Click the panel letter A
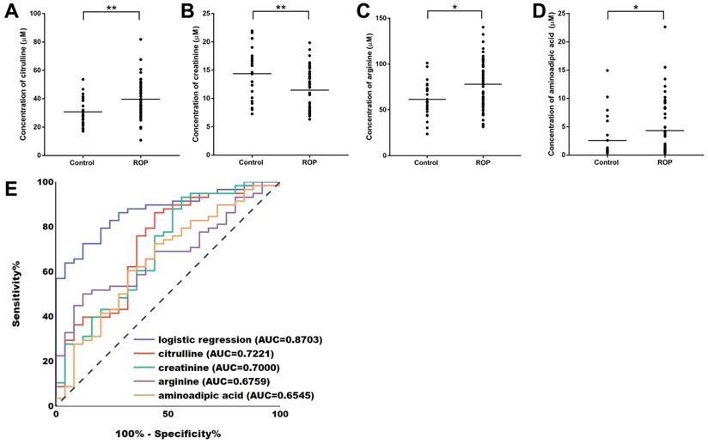click(x=11, y=13)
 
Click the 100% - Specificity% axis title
click(x=168, y=434)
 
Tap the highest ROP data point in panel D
click(x=663, y=27)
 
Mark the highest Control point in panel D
click(x=607, y=70)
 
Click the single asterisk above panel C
click(x=455, y=8)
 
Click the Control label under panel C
click(x=426, y=162)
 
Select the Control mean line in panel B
click(x=252, y=74)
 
